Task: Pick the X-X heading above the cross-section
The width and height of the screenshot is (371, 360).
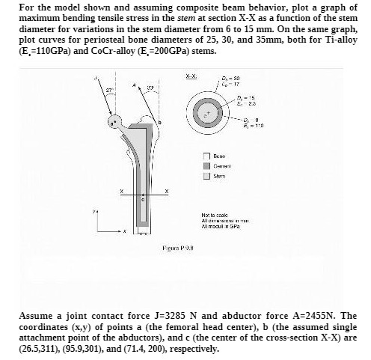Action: [x=191, y=78]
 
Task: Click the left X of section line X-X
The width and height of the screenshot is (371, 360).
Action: [x=114, y=192]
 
